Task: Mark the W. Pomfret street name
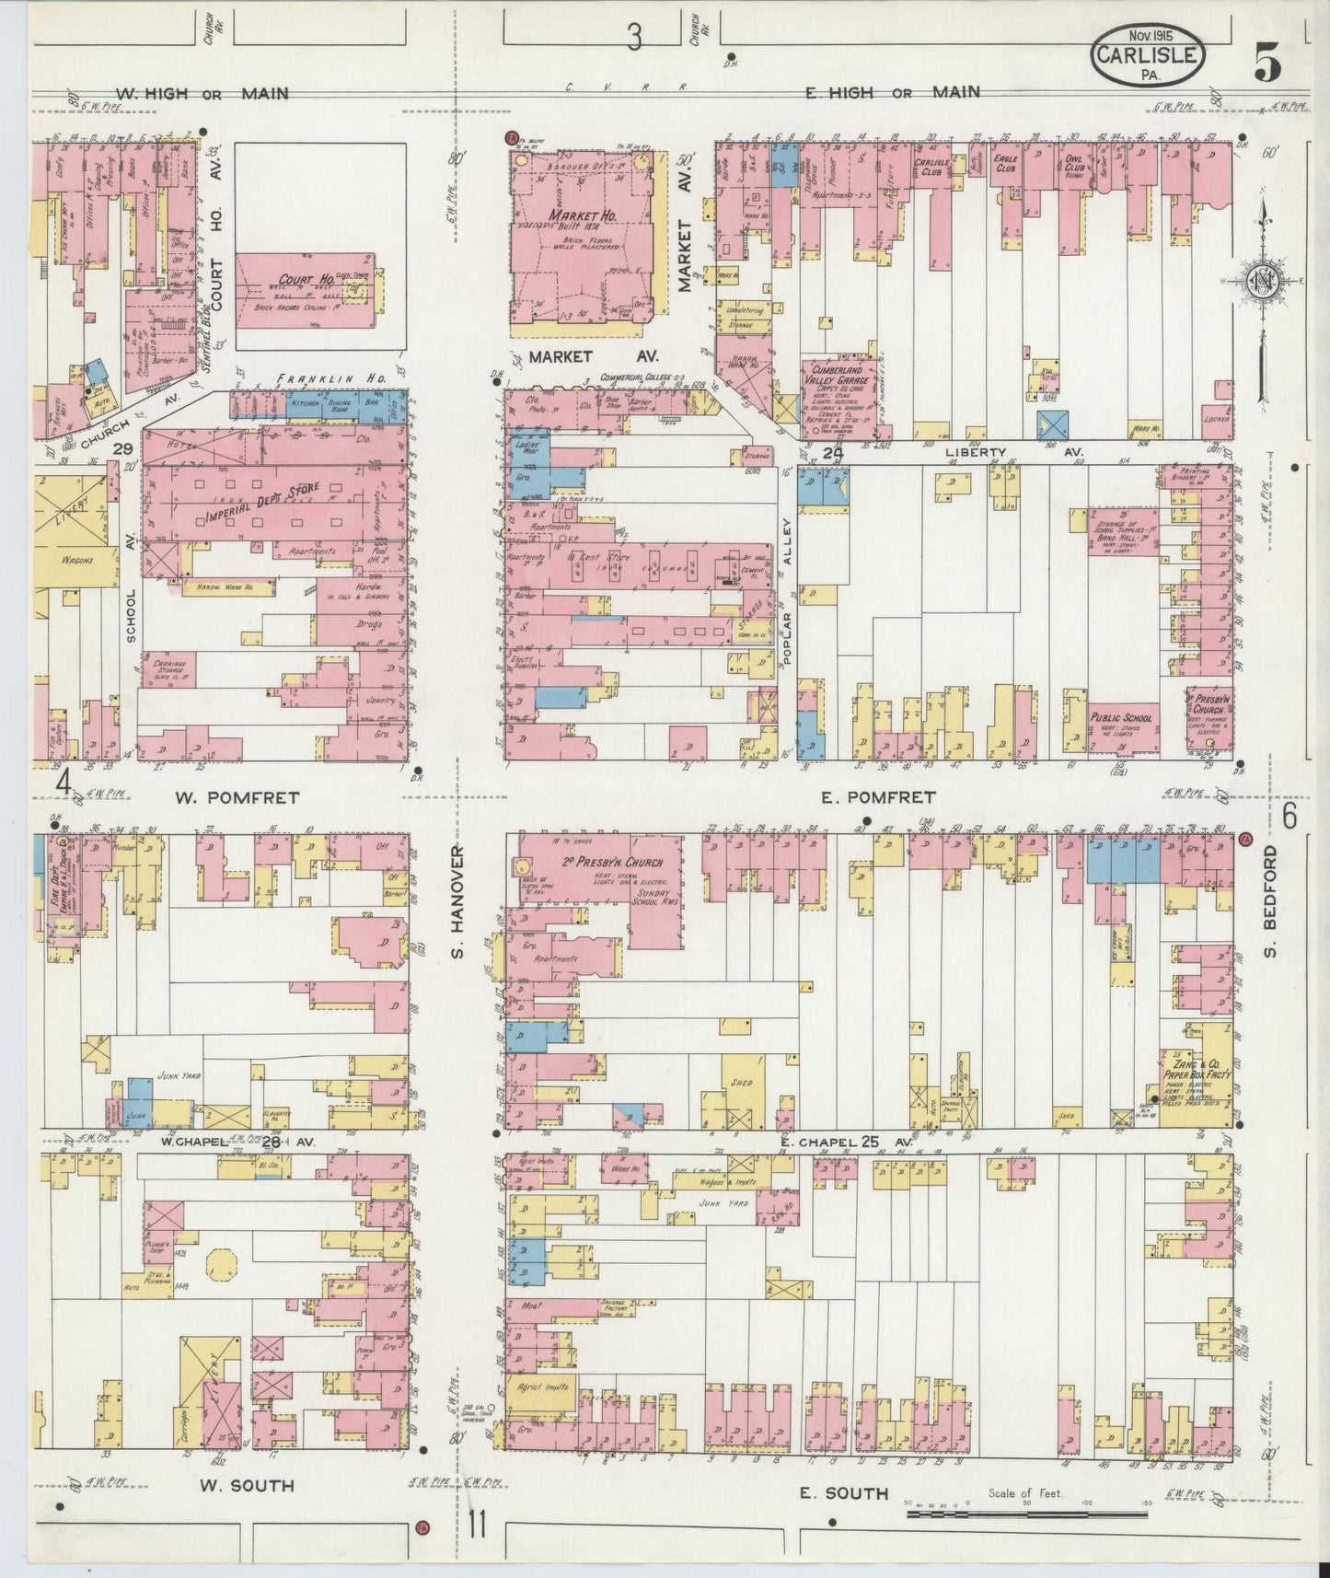pyautogui.click(x=237, y=797)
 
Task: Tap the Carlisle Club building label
pyautogui.click(x=931, y=166)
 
